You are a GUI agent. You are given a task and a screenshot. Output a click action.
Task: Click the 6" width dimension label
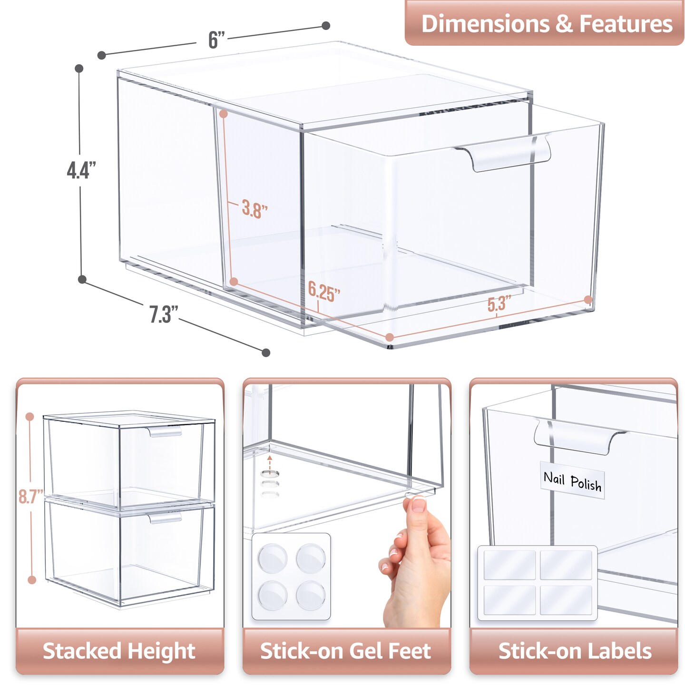(x=216, y=39)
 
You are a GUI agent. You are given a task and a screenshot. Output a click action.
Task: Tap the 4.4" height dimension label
(x=81, y=170)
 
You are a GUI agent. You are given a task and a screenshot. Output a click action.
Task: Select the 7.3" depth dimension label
(x=163, y=314)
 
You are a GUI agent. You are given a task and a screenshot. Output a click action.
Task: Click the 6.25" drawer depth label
(x=324, y=291)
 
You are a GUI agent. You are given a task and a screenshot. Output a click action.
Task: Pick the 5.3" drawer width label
(x=499, y=303)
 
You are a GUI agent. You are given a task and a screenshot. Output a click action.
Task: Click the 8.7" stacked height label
(x=30, y=496)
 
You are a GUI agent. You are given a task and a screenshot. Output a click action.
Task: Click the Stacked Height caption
(x=119, y=651)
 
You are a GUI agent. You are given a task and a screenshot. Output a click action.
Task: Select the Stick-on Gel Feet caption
(x=346, y=651)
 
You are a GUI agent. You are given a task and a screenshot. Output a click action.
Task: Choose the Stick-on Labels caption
(x=574, y=651)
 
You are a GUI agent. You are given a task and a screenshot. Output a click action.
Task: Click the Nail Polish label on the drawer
(x=572, y=481)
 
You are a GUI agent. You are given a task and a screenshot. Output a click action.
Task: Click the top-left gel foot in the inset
(x=273, y=558)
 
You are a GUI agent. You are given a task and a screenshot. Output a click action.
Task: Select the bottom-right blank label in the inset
(x=566, y=600)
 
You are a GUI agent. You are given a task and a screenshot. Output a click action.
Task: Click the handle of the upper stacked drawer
(x=165, y=432)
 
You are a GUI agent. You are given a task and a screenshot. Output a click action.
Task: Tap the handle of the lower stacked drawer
(x=165, y=518)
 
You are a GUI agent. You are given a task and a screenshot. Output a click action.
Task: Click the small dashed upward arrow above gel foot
(x=270, y=461)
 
